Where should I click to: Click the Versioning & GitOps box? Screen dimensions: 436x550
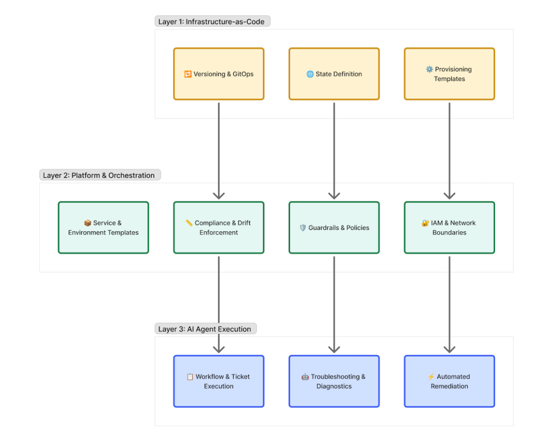(219, 74)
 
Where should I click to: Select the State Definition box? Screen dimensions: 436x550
(334, 74)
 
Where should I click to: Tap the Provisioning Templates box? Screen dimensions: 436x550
(449, 74)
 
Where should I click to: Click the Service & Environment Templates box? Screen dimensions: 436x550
(103, 228)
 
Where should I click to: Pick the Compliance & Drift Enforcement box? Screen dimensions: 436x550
(219, 228)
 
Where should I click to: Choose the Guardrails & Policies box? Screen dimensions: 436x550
(334, 228)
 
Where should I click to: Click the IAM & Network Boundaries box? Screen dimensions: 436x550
(449, 228)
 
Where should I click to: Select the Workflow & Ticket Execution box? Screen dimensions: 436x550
(219, 381)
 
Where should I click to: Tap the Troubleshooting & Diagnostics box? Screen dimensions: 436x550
(334, 381)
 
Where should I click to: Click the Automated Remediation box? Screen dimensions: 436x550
(449, 381)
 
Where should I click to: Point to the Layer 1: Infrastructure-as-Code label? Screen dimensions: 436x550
(212, 21)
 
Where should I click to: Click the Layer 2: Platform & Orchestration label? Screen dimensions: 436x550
(99, 175)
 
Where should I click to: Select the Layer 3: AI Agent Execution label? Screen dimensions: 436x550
(205, 329)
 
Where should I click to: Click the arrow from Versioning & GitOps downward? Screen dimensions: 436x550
(219, 150)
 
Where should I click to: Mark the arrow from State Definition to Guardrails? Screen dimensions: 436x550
(334, 150)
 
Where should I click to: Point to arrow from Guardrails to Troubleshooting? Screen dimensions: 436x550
(334, 303)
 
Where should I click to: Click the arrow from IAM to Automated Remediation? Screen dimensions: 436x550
(450, 303)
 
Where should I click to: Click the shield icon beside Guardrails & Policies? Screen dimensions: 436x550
(302, 228)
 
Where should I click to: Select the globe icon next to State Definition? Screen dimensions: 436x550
(310, 74)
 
